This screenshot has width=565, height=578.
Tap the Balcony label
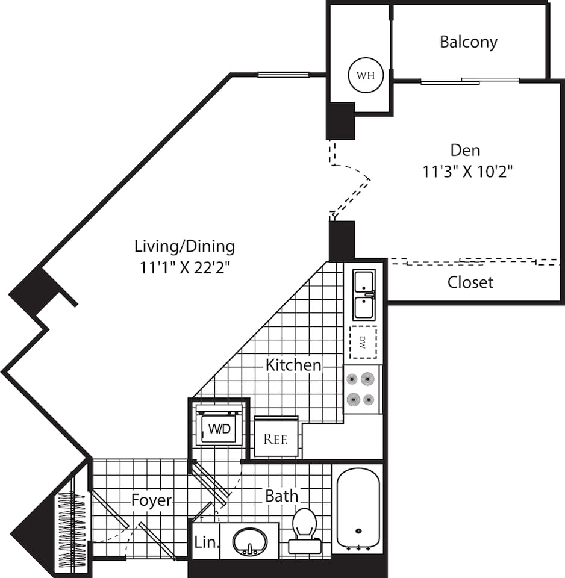coord(469,42)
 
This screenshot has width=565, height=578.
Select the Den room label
coord(466,149)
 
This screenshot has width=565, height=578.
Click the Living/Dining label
coord(184,246)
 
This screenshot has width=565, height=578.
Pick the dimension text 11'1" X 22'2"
coord(186,267)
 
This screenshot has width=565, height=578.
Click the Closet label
coord(470,282)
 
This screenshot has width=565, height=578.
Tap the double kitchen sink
coord(364,294)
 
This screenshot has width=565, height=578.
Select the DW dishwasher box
coord(363,343)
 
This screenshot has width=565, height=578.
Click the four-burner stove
coord(362,389)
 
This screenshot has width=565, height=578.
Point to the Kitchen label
coord(294,365)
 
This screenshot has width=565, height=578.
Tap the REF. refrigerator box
coord(276,438)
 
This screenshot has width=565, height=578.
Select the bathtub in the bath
coord(358,508)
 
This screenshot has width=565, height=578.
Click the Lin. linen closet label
coord(204,542)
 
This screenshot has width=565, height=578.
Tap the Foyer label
coord(152,500)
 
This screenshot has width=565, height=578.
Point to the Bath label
coord(282,496)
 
